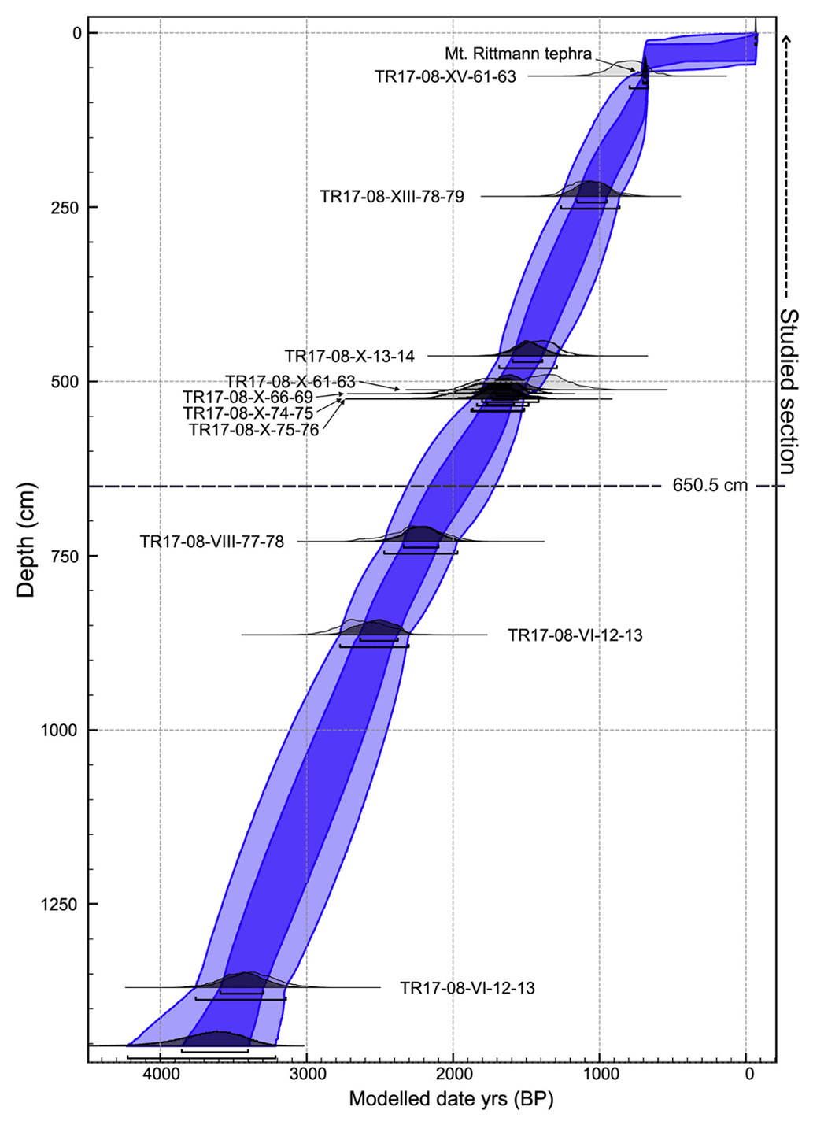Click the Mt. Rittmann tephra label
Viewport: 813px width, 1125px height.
click(x=518, y=54)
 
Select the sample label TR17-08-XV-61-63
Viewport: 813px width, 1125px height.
click(x=445, y=76)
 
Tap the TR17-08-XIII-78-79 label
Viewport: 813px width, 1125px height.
click(x=392, y=196)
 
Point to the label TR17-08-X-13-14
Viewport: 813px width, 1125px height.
click(x=349, y=357)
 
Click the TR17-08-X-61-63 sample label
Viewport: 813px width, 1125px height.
click(x=290, y=382)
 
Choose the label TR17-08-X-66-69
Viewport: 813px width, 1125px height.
click(x=248, y=398)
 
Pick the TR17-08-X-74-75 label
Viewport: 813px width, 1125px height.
click(x=248, y=413)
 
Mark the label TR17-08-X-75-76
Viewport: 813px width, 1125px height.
click(x=253, y=430)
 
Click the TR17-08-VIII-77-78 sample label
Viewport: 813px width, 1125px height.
click(x=212, y=542)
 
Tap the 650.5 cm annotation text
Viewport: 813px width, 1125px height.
click(x=709, y=486)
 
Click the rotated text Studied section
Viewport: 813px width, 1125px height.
click(x=788, y=391)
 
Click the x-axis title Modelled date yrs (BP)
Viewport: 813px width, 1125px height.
click(x=451, y=1099)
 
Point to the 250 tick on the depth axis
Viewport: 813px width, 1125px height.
click(x=61, y=207)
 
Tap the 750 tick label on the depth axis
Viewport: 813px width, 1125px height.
click(x=61, y=556)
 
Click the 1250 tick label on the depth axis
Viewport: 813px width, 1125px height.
click(x=57, y=905)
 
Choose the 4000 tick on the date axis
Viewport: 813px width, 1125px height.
click(x=160, y=1074)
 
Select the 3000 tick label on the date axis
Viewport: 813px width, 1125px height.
click(x=307, y=1074)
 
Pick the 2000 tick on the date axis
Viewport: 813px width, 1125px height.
click(x=453, y=1074)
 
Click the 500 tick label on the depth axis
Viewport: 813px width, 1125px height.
click(x=61, y=382)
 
